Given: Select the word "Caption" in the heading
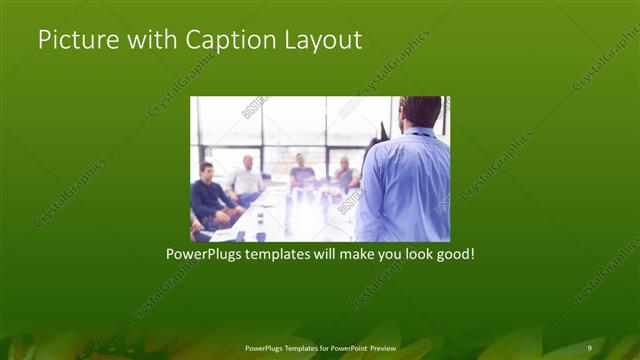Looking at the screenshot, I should click(x=221, y=41).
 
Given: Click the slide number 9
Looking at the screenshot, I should click(x=589, y=347).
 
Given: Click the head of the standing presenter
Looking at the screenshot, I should click(x=420, y=112).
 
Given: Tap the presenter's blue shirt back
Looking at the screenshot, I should click(x=405, y=185).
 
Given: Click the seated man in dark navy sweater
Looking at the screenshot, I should click(x=210, y=195).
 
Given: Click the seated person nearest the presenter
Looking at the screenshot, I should click(x=345, y=175).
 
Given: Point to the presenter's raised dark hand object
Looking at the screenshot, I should click(x=381, y=131).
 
